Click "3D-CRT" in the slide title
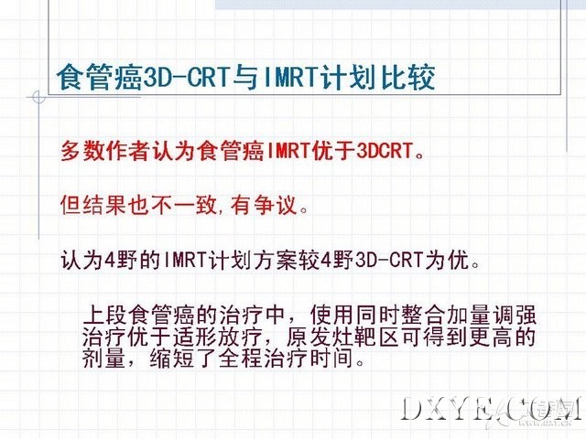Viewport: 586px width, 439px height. click(185, 78)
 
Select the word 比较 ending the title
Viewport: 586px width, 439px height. click(408, 78)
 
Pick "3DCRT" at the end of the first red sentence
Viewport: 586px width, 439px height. click(384, 151)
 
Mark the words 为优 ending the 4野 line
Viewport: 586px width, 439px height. click(446, 259)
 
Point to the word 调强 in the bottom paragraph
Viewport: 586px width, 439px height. click(514, 315)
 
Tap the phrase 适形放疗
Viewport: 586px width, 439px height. click(217, 337)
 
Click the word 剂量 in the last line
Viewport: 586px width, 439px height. click(103, 359)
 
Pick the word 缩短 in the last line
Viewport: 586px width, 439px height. click(172, 359)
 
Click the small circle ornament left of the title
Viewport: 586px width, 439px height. click(38, 98)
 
